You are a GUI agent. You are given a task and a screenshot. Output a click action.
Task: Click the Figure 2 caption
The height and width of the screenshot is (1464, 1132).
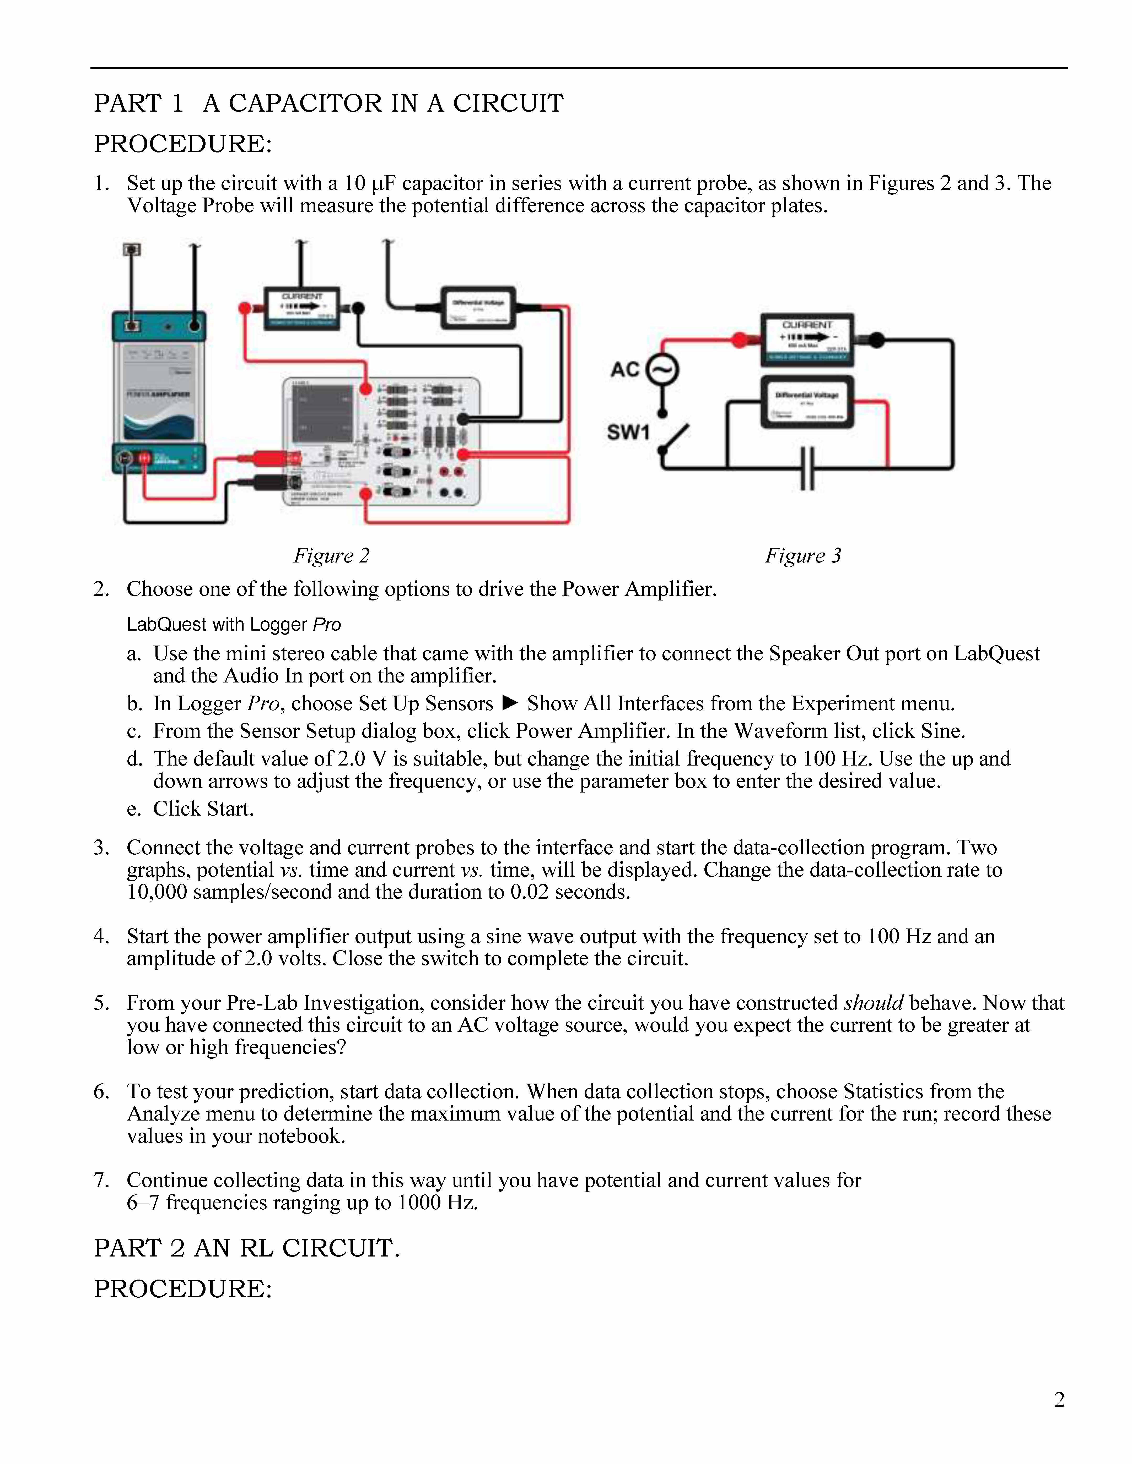pyautogui.click(x=331, y=556)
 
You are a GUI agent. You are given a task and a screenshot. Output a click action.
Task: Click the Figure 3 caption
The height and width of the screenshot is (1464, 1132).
pyautogui.click(x=803, y=556)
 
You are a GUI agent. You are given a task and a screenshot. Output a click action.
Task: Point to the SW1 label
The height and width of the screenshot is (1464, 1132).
pyautogui.click(x=628, y=432)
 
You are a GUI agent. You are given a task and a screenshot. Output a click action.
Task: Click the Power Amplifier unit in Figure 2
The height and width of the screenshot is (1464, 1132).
pyautogui.click(x=159, y=392)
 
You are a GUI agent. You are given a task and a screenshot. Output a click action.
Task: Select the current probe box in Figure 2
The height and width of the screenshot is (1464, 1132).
pyautogui.click(x=302, y=308)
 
